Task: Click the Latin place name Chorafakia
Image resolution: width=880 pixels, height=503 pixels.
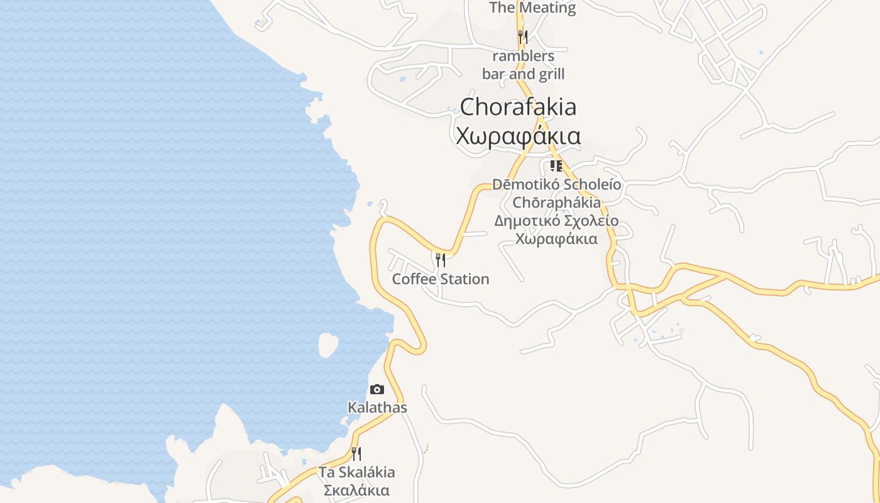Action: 518,107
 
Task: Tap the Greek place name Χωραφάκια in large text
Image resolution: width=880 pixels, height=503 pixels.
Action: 518,136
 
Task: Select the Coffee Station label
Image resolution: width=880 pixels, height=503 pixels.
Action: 440,279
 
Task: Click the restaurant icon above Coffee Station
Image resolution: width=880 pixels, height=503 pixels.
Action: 440,260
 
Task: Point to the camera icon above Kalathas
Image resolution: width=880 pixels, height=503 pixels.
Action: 377,390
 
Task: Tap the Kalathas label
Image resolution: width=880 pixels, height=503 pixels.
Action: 377,407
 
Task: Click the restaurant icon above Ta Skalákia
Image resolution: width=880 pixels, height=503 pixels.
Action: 356,453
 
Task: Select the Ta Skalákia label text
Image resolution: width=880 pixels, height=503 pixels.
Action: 356,472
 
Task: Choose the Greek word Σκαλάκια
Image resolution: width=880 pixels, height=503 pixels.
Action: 356,490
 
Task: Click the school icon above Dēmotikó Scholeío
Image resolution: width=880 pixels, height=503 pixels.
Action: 556,166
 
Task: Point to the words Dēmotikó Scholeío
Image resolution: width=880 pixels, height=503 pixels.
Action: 556,185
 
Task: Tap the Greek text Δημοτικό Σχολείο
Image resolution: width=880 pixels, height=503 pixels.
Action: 556,221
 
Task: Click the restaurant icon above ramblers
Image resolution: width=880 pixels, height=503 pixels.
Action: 522,37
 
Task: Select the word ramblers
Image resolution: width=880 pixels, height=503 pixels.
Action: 523,56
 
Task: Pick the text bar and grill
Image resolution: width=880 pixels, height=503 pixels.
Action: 523,74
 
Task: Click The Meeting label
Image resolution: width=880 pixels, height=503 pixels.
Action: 532,8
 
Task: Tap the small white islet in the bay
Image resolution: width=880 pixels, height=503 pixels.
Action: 327,345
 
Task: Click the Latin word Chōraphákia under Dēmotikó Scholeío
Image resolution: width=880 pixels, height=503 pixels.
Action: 556,203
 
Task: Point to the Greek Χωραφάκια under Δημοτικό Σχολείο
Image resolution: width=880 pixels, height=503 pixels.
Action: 556,239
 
